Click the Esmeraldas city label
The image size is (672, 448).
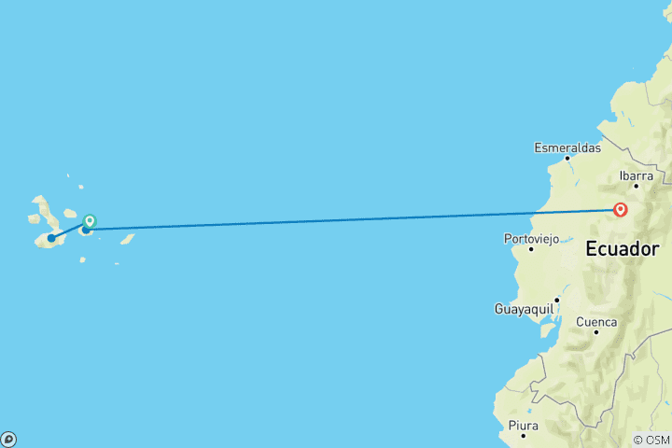tap(567, 147)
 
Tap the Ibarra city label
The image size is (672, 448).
tap(637, 175)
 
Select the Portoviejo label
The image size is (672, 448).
tap(530, 239)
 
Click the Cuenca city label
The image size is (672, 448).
tap(596, 322)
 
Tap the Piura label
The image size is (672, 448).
tap(523, 426)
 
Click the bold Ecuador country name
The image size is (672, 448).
tap(621, 250)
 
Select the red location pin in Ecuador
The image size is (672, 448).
tap(620, 210)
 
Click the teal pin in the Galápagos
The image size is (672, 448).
tap(90, 221)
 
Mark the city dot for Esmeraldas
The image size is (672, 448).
tap(567, 158)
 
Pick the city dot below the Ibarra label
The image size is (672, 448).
tap(637, 186)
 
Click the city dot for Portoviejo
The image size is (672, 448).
tap(531, 249)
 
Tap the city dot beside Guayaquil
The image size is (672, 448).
tap(556, 301)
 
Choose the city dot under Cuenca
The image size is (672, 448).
tap(595, 332)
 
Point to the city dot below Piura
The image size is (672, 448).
tap(523, 436)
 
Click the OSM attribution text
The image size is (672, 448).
tap(651, 440)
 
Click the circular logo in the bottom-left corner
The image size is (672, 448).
tap(7, 439)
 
